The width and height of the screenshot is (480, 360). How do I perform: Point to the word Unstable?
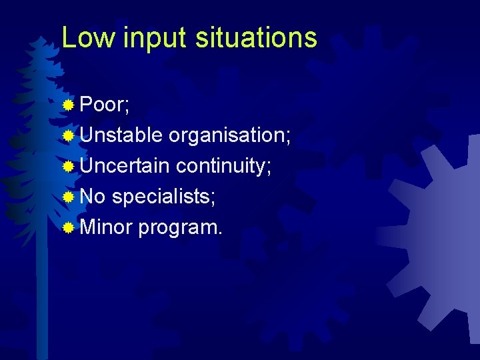click(x=121, y=135)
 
